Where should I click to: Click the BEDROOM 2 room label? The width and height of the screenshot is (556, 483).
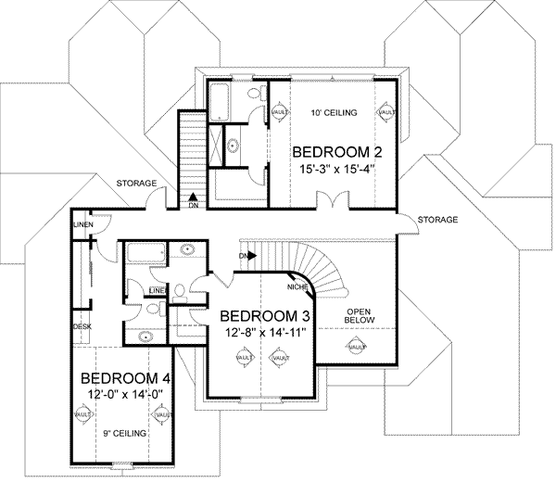(x=331, y=152)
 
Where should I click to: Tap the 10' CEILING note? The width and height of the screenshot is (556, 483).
(x=331, y=111)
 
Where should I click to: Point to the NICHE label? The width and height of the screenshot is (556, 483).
(x=298, y=287)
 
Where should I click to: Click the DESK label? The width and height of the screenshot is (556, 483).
(x=81, y=326)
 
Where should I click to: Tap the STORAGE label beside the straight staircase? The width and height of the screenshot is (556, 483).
(x=136, y=184)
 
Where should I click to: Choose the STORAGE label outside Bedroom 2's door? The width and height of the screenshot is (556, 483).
(x=437, y=220)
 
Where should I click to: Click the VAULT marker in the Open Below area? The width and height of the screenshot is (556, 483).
(x=356, y=347)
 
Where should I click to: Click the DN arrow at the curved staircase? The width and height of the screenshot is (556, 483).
(x=246, y=255)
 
